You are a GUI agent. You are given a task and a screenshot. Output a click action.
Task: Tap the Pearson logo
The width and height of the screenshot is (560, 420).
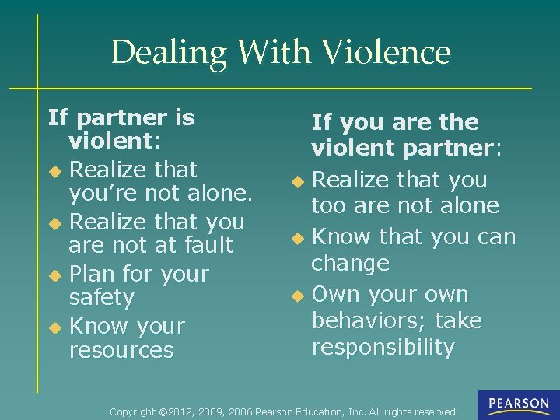click(x=519, y=404)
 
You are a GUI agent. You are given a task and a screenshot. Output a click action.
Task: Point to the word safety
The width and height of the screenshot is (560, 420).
click(x=102, y=298)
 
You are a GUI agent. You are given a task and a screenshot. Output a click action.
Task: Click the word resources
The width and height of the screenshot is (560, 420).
click(x=121, y=350)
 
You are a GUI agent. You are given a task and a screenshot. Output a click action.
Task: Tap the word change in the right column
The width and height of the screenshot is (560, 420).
click(x=350, y=263)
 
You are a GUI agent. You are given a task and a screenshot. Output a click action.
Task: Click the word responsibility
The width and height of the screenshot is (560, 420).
click(x=383, y=347)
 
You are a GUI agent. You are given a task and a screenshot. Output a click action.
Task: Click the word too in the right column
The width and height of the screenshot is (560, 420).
click(x=328, y=205)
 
